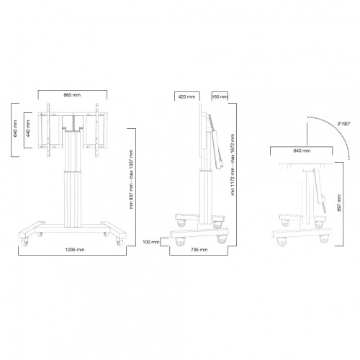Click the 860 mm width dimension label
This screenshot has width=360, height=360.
click(72, 95)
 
